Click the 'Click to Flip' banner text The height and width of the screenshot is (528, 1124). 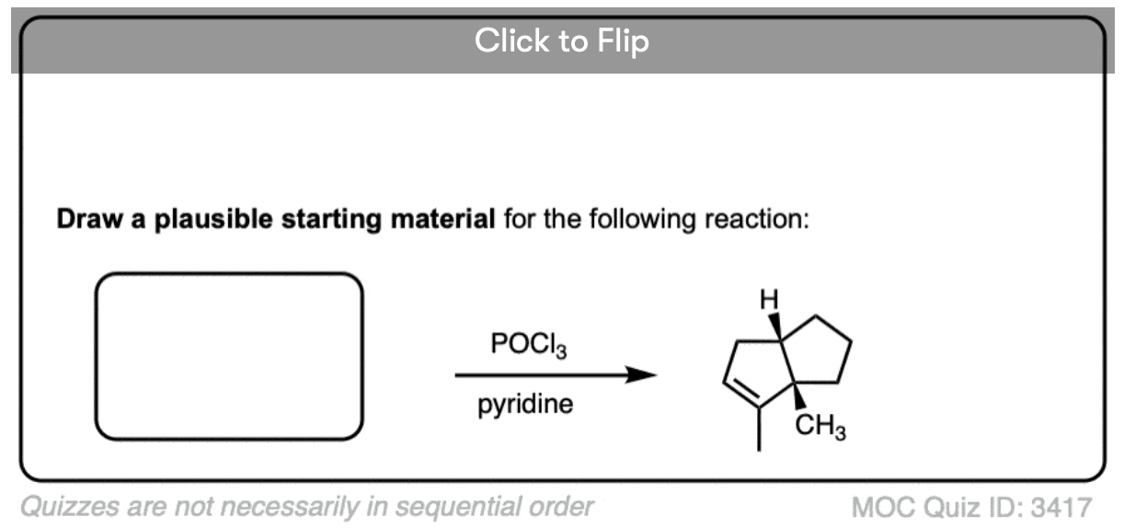[561, 41]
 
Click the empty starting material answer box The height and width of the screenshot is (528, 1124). [229, 355]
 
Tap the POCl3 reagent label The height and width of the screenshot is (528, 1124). [530, 348]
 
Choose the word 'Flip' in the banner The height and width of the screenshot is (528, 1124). [625, 41]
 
